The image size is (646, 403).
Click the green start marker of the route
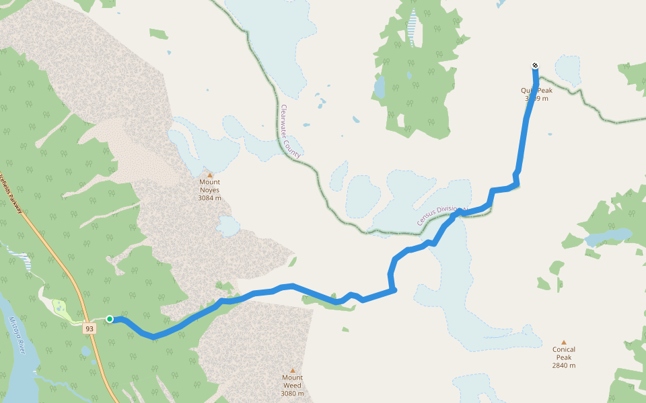coord(110,319)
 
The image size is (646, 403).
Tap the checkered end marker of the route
coord(535,65)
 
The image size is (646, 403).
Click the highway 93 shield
coord(89,328)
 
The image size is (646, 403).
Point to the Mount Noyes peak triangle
coord(209,175)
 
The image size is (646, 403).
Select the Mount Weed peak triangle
coord(293,370)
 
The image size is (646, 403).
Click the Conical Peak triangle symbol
coord(563,342)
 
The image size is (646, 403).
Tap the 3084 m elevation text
coord(209,198)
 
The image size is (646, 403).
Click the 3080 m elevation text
coord(292,394)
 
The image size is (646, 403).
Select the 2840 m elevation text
coord(564,365)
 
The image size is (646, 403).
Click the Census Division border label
coord(441,216)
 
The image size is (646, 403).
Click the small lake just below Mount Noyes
coord(228,227)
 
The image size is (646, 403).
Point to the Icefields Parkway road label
coord(11,195)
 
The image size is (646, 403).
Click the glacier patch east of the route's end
coord(567,69)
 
